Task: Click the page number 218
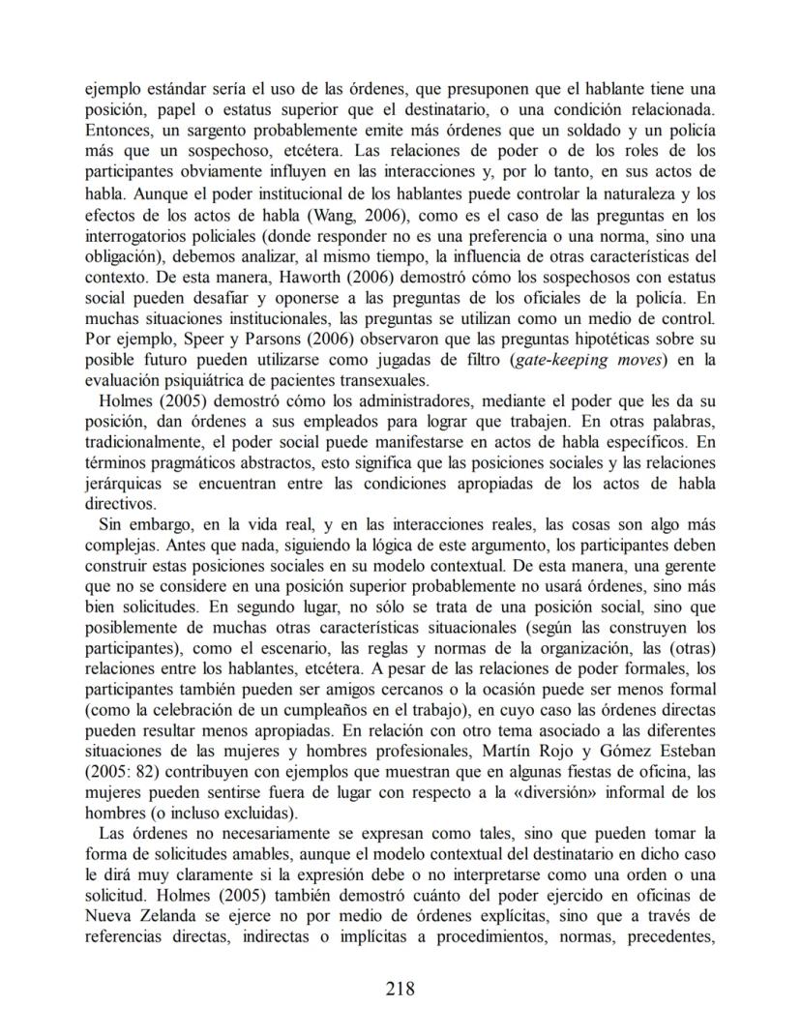[400, 988]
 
